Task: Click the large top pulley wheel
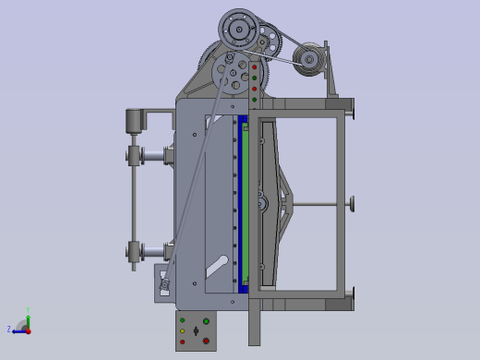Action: pos(239,30)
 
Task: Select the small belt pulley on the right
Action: pos(308,60)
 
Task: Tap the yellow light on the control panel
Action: pos(183,331)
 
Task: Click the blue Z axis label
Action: pos(9,330)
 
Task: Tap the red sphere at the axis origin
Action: pos(28,330)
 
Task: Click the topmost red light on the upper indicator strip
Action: pos(255,67)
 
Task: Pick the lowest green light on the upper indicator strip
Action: pos(255,99)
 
